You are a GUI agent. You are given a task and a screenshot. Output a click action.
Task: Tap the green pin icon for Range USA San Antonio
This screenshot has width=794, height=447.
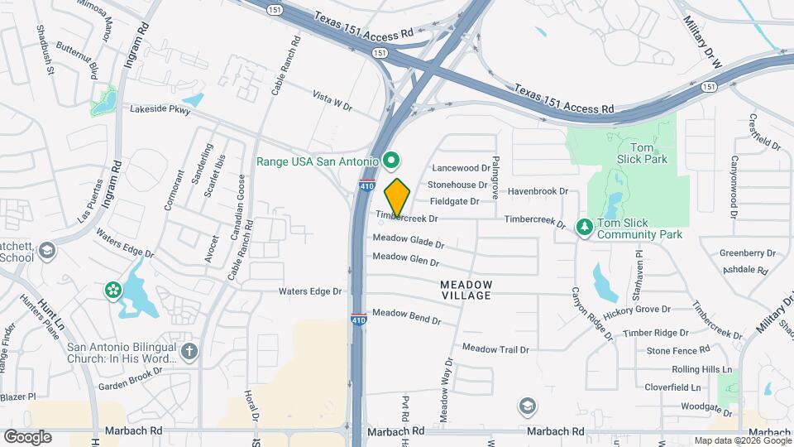[x=393, y=161]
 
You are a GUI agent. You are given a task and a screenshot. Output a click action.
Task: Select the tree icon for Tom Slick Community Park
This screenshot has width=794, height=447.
[x=584, y=226]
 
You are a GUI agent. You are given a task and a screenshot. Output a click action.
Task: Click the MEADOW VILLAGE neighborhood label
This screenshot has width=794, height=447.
[x=466, y=289]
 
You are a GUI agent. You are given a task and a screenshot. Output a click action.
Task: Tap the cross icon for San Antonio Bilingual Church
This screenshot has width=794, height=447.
[x=189, y=353]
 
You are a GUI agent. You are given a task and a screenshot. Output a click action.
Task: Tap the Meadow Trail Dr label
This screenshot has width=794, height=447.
[x=495, y=349]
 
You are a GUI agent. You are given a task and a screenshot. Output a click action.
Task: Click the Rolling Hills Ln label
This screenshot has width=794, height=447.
[x=701, y=369]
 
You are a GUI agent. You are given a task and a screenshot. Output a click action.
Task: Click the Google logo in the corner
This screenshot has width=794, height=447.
[x=27, y=436]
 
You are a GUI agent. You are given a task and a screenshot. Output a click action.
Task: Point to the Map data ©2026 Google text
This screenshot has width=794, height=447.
[x=742, y=440]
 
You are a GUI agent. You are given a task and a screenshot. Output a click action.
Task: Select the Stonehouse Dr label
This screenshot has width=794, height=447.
[x=457, y=185]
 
